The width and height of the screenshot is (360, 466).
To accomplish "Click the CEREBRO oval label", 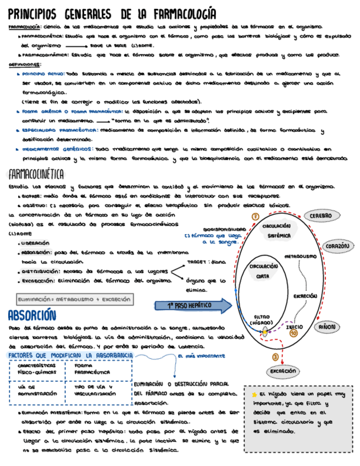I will (320, 216).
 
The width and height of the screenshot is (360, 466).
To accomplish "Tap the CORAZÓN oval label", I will (337, 246).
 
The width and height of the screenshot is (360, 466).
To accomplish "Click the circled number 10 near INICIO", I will (293, 333).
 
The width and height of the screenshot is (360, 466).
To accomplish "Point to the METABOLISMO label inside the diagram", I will (300, 257).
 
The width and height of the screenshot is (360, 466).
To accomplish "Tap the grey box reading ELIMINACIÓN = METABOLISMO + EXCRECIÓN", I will (74, 299).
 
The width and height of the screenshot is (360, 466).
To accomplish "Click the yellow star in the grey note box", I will (254, 395).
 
